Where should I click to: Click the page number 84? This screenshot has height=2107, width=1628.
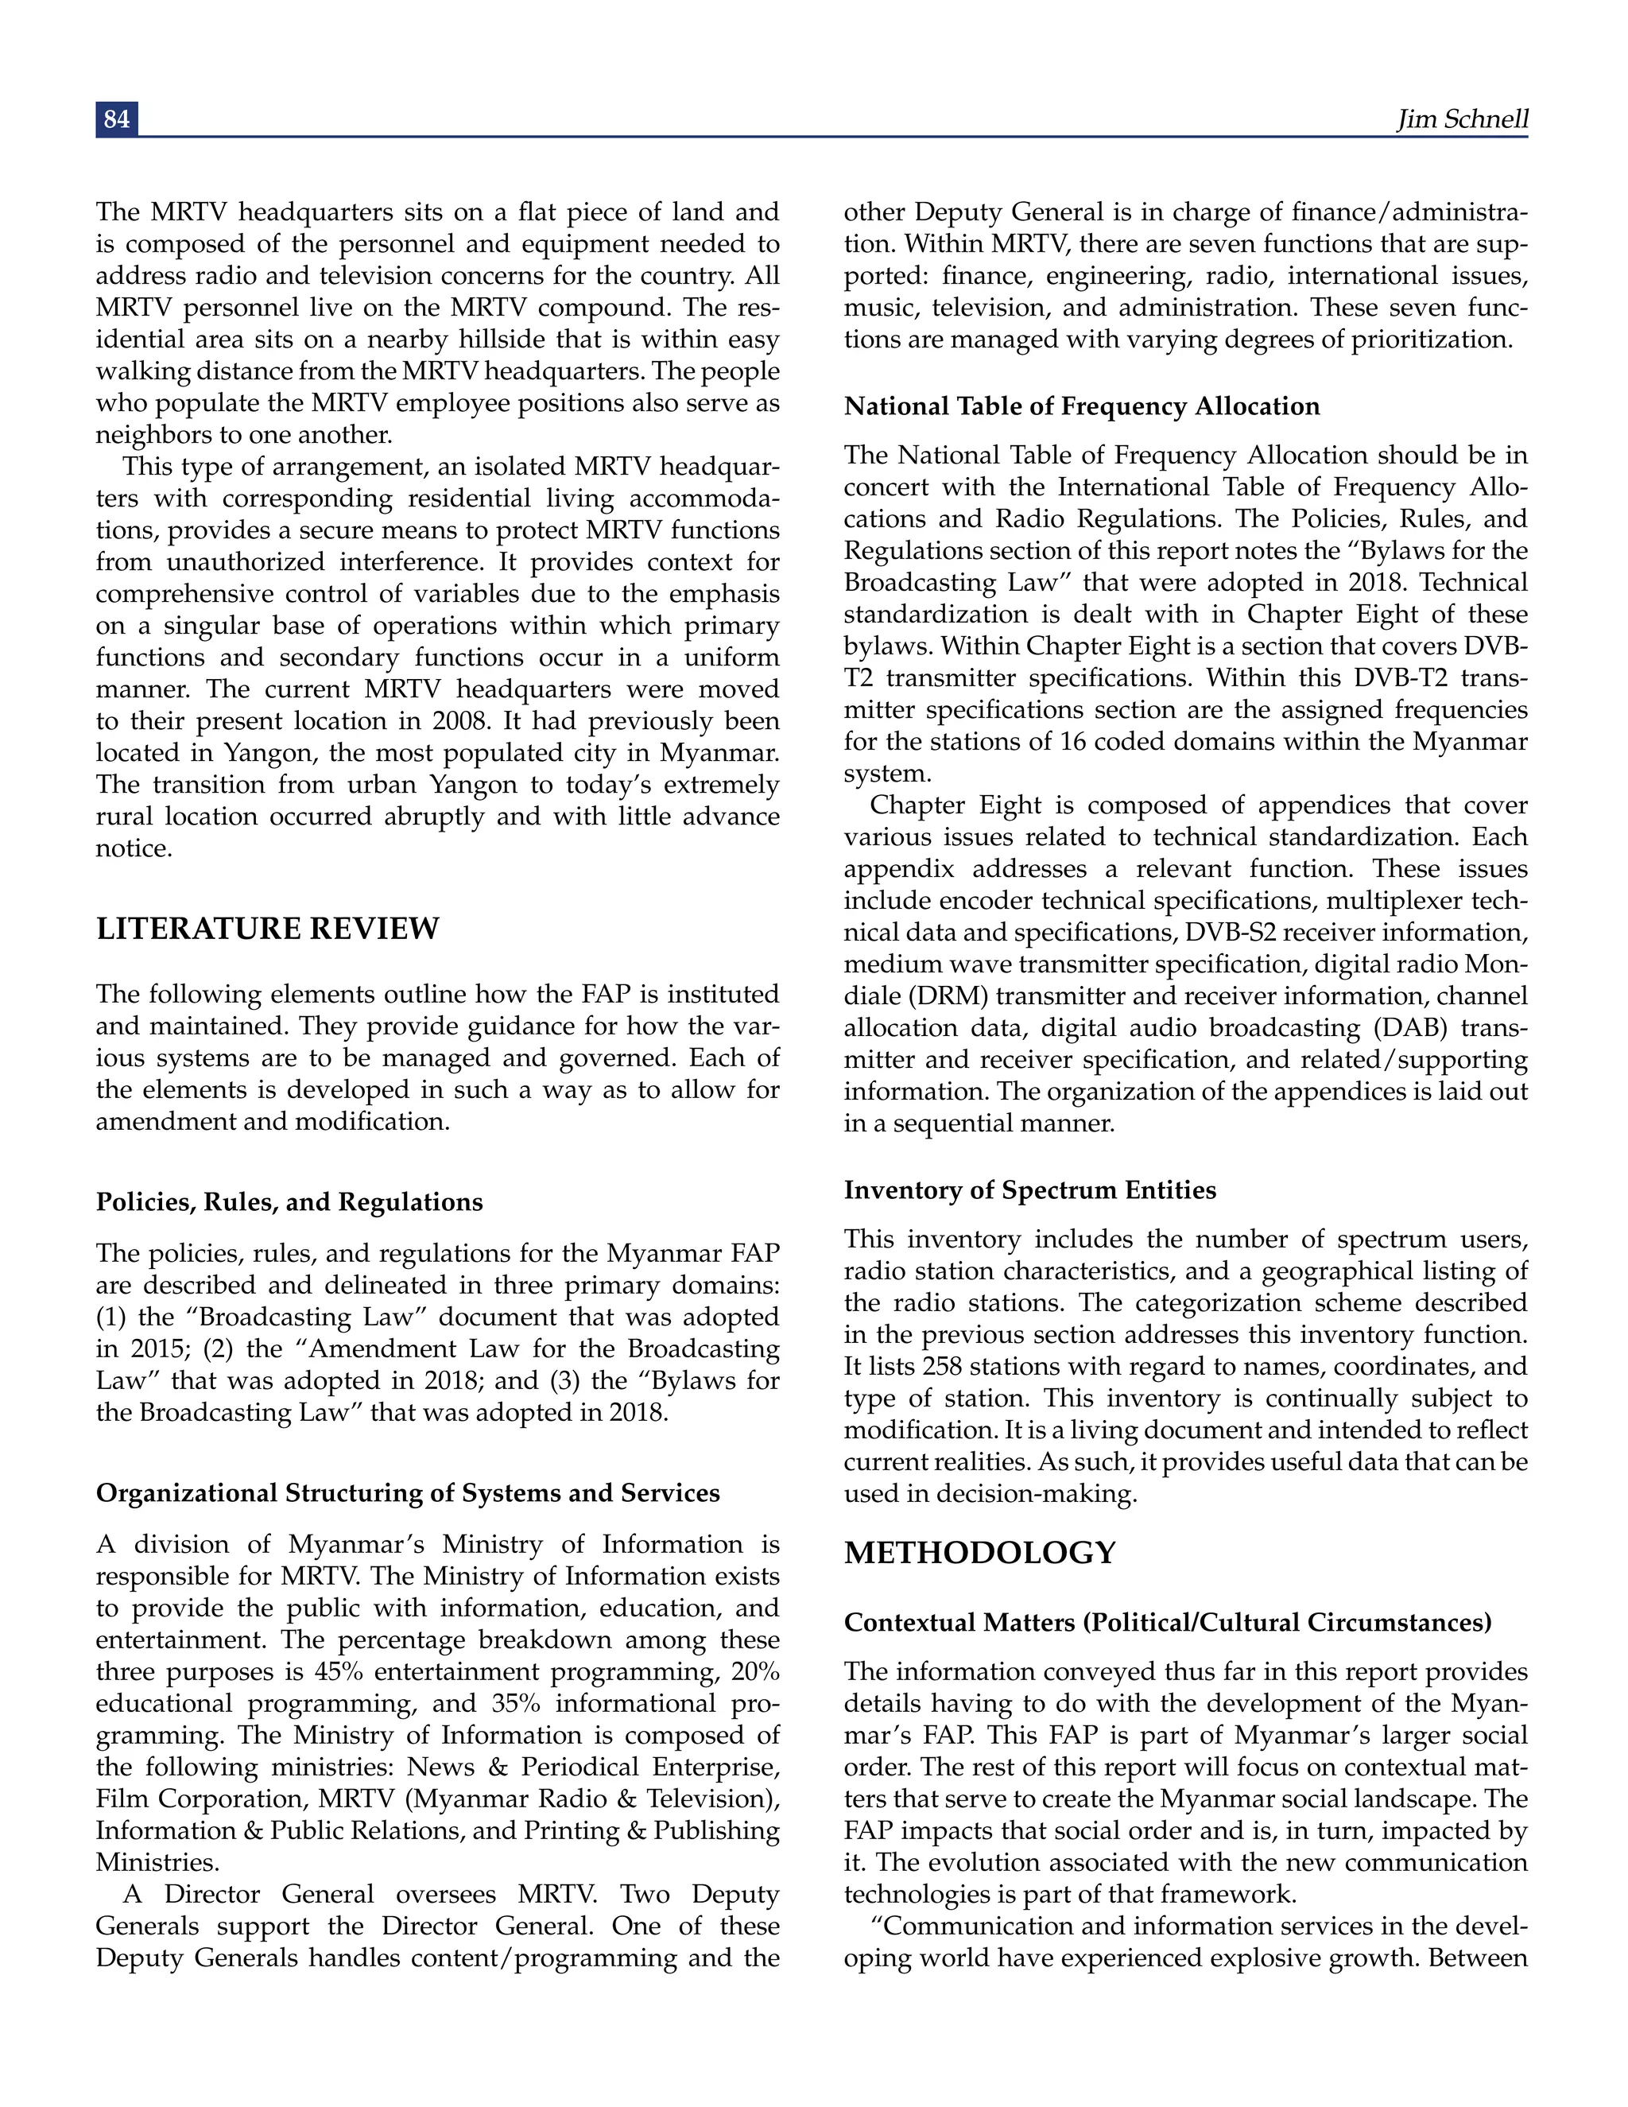(117, 118)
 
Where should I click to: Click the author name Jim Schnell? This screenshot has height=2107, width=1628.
(1462, 118)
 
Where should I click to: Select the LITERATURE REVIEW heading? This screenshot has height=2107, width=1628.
(267, 929)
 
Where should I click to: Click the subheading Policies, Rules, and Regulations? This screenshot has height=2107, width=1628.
(289, 1202)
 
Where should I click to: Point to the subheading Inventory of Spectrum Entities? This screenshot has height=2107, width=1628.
(1029, 1190)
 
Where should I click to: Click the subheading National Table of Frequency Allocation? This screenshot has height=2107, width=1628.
(1081, 406)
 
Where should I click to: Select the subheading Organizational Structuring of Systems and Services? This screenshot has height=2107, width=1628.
(407, 1493)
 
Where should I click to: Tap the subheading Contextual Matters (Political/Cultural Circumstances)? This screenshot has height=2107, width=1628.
(1167, 1623)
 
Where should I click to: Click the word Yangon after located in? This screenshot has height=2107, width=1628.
(266, 754)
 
